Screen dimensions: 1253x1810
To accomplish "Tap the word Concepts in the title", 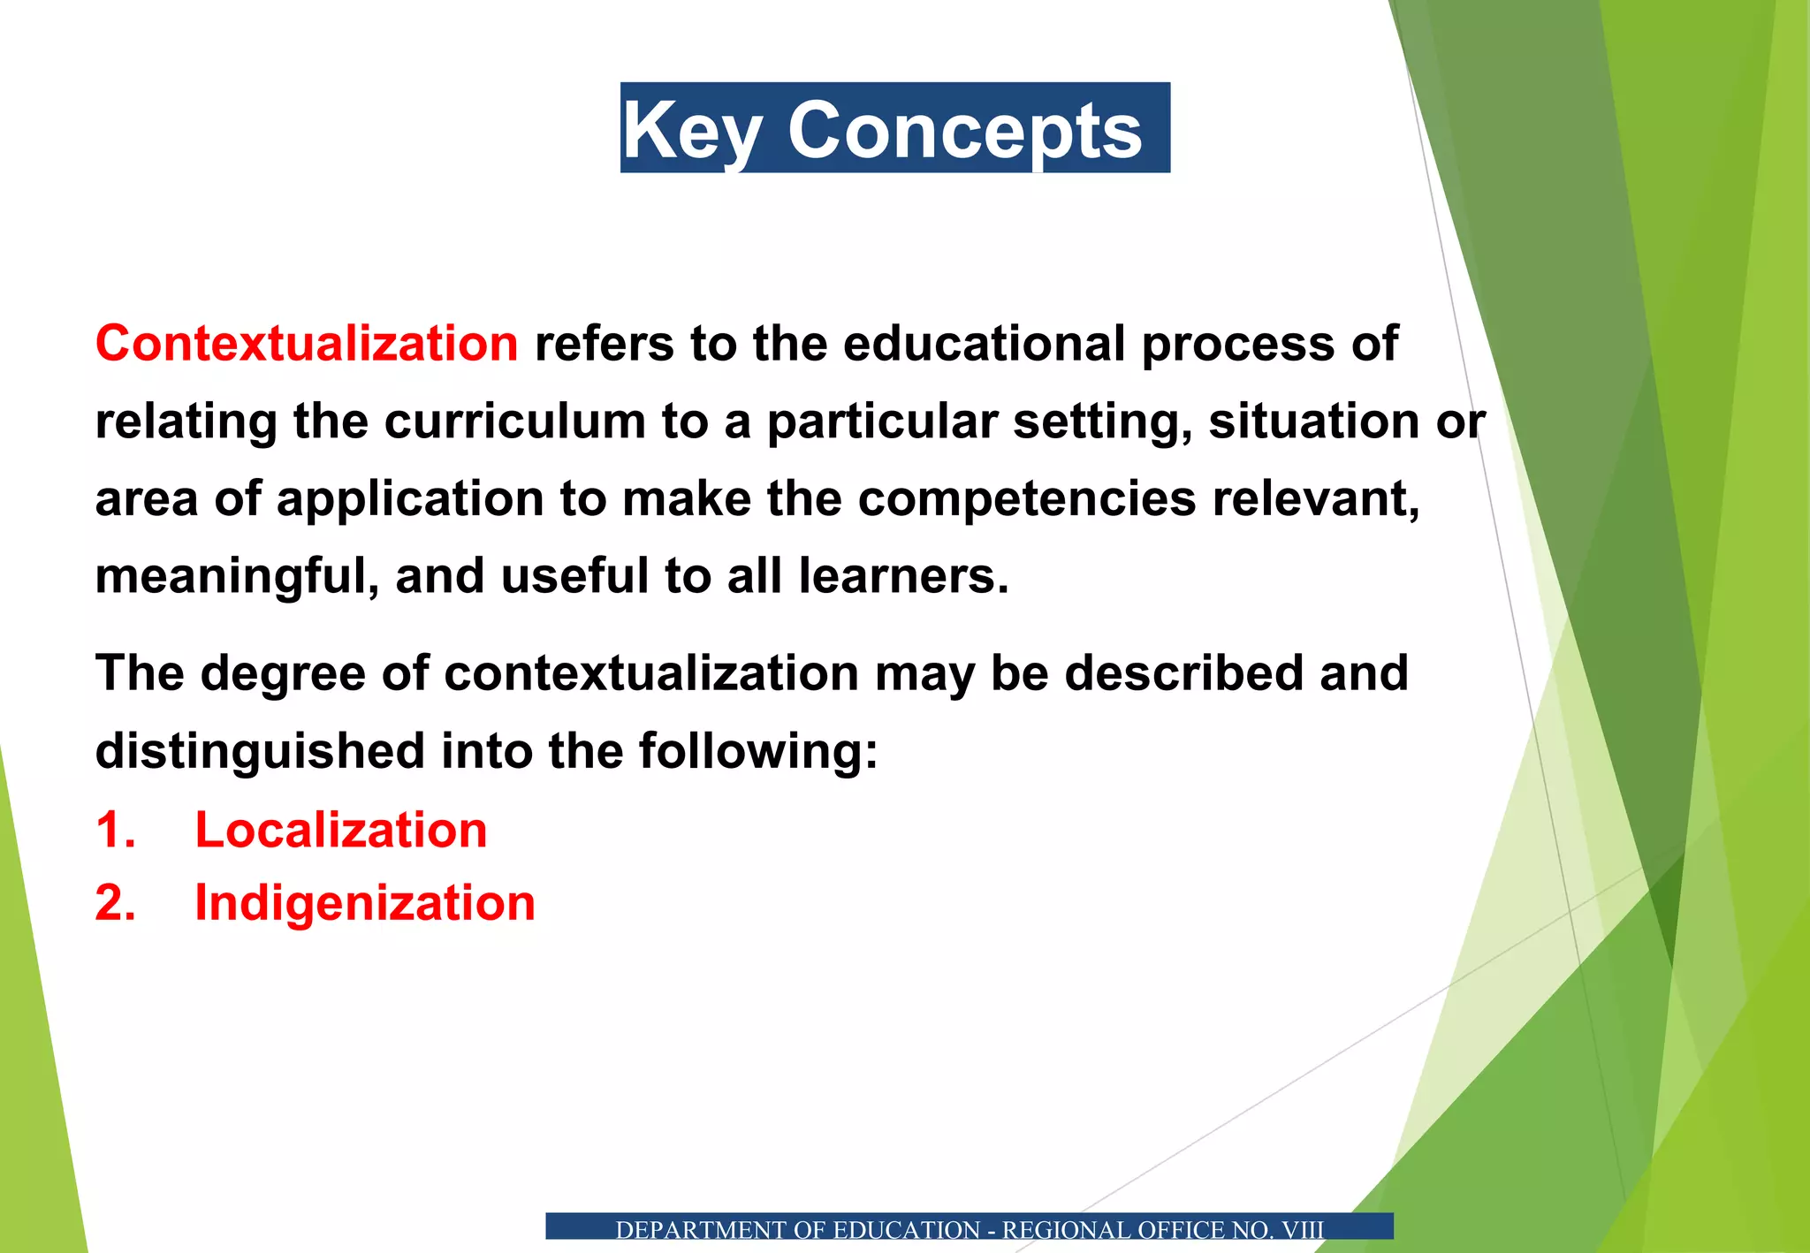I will [x=965, y=131].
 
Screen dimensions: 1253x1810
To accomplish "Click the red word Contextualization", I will [x=307, y=343].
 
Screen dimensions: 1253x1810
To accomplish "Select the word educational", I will [x=984, y=343].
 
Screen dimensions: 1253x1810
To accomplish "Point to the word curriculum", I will [x=514, y=421].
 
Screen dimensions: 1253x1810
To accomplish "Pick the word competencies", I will [x=1027, y=498].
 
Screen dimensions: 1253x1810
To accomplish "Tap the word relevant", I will [x=1315, y=498].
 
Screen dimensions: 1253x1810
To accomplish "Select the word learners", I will [x=903, y=576].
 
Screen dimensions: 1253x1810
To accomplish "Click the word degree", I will [x=283, y=673].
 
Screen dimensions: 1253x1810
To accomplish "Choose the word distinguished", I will [x=260, y=751].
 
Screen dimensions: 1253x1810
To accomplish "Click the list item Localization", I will [x=341, y=831].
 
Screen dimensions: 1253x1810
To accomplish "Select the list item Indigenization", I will [x=365, y=903].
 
